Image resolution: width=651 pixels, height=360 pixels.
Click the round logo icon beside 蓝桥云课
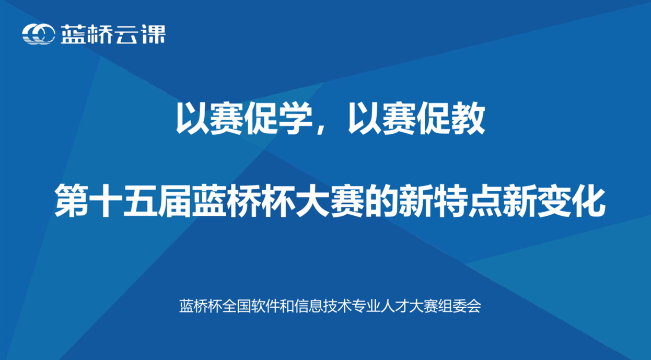[x=38, y=34]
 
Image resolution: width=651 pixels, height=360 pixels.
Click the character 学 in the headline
[x=295, y=118]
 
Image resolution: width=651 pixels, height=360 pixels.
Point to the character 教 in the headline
[x=468, y=118]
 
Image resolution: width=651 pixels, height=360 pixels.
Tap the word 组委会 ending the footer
[x=459, y=306]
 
